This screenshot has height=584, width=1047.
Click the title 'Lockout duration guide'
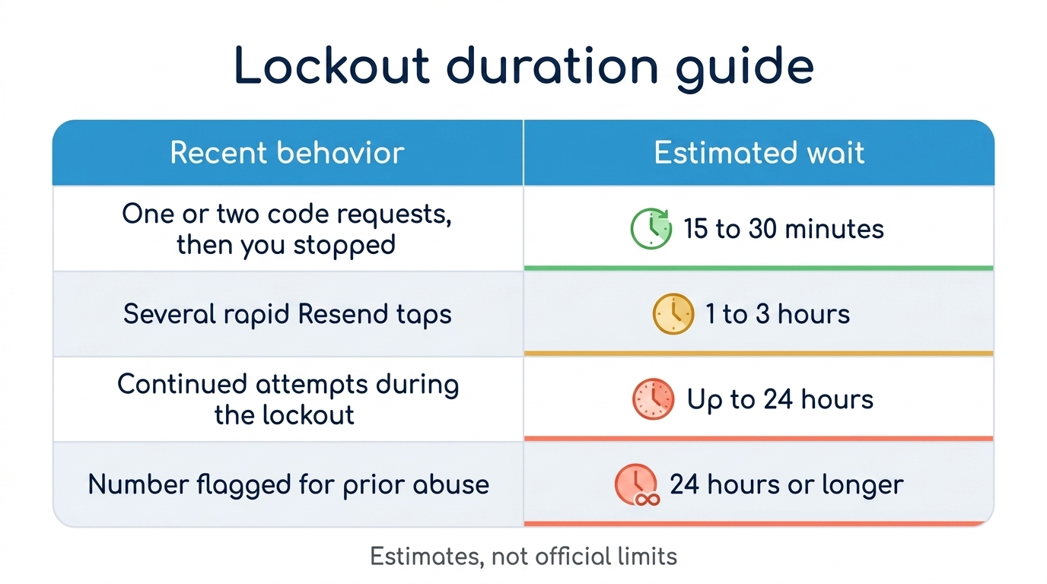(x=523, y=66)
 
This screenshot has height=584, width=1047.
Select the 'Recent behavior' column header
(x=287, y=153)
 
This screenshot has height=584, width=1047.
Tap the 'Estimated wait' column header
(x=759, y=153)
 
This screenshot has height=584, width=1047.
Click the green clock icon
(x=651, y=228)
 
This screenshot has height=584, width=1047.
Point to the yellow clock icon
(x=673, y=313)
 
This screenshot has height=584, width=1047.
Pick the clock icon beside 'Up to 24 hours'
(x=653, y=399)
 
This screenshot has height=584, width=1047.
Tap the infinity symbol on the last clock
(x=648, y=500)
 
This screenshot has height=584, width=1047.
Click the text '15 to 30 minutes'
(x=784, y=229)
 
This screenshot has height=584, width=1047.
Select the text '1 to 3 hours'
(x=778, y=313)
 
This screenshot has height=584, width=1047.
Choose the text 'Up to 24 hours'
(x=780, y=400)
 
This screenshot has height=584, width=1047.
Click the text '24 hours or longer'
(x=787, y=484)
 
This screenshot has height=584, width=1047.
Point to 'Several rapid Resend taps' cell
(x=288, y=314)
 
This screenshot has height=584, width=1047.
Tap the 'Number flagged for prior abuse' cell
(x=288, y=484)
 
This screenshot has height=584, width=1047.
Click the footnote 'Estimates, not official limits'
(x=523, y=557)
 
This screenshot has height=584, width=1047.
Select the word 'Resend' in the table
(x=342, y=313)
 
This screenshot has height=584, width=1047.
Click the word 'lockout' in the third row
(x=308, y=415)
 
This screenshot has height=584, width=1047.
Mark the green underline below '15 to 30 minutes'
(x=759, y=268)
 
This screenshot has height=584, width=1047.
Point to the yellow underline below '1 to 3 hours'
(x=759, y=354)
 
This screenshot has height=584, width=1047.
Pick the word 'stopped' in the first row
(x=345, y=246)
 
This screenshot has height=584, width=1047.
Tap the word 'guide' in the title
(x=745, y=69)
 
